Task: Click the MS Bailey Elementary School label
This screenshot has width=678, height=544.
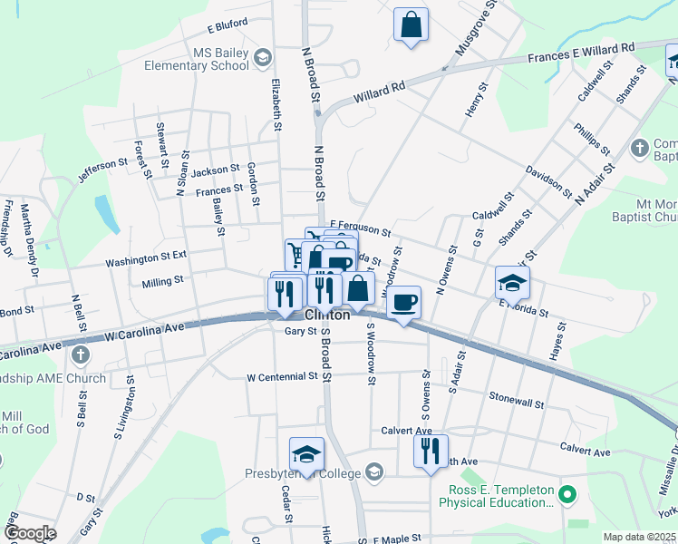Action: click(217, 59)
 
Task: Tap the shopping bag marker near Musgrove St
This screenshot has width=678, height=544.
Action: click(411, 25)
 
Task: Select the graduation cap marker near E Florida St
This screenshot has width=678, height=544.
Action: click(512, 282)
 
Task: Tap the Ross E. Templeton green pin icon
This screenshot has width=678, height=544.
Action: click(568, 495)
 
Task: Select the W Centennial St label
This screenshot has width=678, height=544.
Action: click(283, 376)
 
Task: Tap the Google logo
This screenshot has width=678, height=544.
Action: click(31, 532)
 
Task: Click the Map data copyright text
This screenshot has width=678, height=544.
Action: click(639, 537)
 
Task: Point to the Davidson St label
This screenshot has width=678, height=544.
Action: click(549, 182)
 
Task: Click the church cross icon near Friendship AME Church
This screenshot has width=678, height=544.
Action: click(82, 355)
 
